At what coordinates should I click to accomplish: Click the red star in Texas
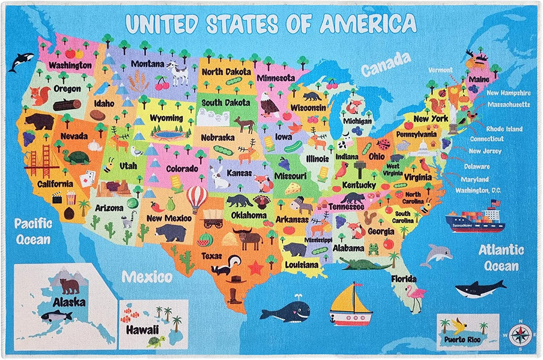tap(255, 268)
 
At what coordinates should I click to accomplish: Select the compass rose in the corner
tap(517, 334)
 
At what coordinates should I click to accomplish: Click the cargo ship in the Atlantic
tap(475, 218)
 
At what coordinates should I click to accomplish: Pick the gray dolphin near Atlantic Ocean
tap(435, 255)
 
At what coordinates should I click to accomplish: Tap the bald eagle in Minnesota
tap(269, 106)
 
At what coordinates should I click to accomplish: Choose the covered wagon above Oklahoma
tap(213, 219)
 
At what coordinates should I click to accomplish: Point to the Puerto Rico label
tap(462, 340)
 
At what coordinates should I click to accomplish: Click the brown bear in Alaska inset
tap(69, 286)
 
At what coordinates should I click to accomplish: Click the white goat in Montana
tap(178, 74)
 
